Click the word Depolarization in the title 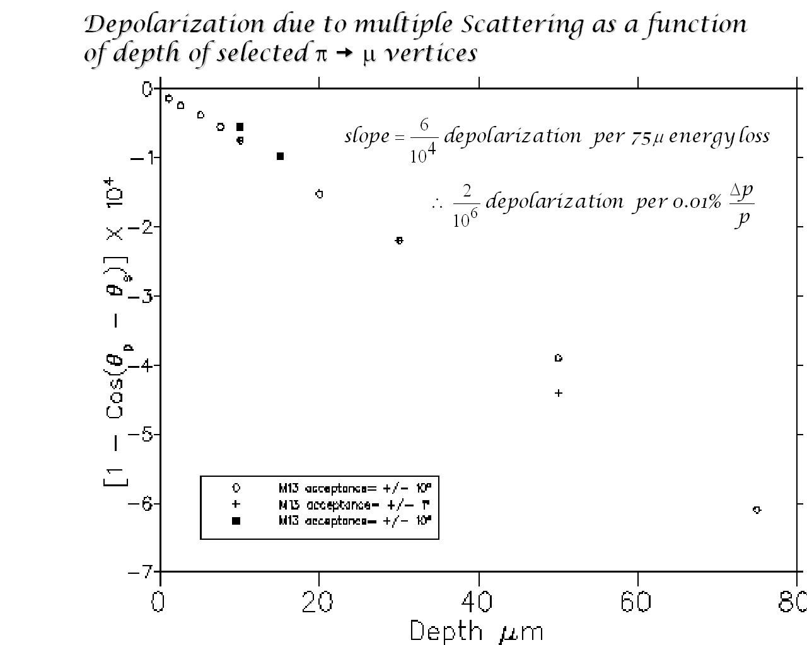point(174,25)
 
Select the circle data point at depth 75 point(757,510)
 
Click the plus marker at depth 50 point(559,393)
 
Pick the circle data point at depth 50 point(559,358)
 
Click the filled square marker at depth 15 point(281,156)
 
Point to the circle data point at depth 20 point(320,194)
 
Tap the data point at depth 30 point(399,240)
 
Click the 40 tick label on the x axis point(479,603)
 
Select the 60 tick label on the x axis point(637,603)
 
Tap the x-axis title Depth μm point(476,631)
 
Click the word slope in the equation point(366,135)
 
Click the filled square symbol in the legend point(236,520)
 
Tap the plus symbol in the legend point(236,504)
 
